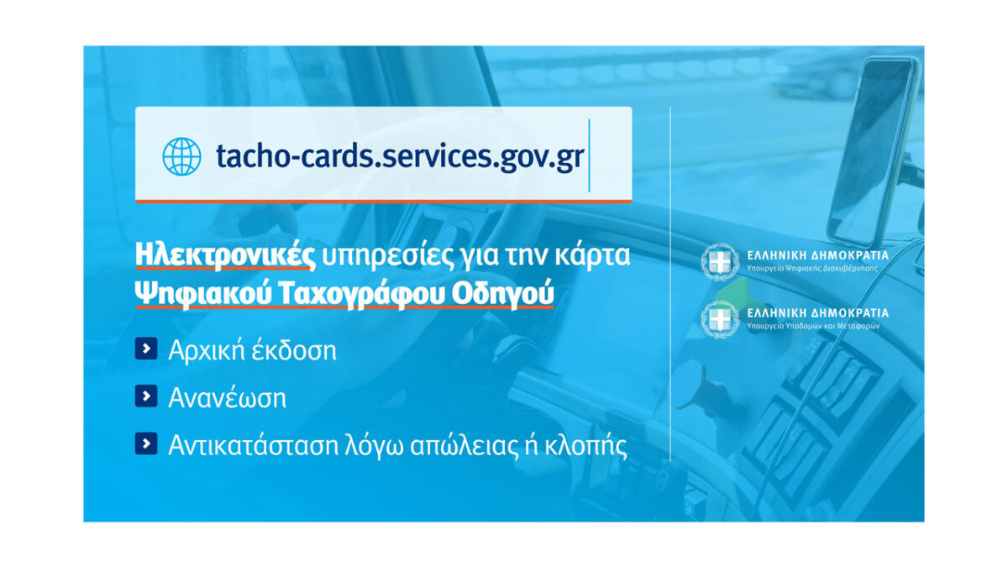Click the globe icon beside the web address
(181, 156)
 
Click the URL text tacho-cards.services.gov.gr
(400, 156)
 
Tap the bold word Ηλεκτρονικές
(225, 255)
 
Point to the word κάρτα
(593, 255)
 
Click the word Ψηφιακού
(203, 294)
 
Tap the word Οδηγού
(502, 294)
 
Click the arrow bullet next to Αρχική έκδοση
(146, 349)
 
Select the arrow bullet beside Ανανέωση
(146, 396)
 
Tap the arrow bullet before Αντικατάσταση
(146, 444)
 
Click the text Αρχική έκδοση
(252, 350)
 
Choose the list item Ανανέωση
(228, 398)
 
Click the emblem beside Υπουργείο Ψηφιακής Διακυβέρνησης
(720, 262)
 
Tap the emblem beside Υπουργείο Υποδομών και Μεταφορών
(720, 319)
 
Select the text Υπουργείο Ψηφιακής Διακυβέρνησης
(812, 269)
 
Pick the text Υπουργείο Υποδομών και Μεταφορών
(813, 326)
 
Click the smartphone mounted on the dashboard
(873, 150)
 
